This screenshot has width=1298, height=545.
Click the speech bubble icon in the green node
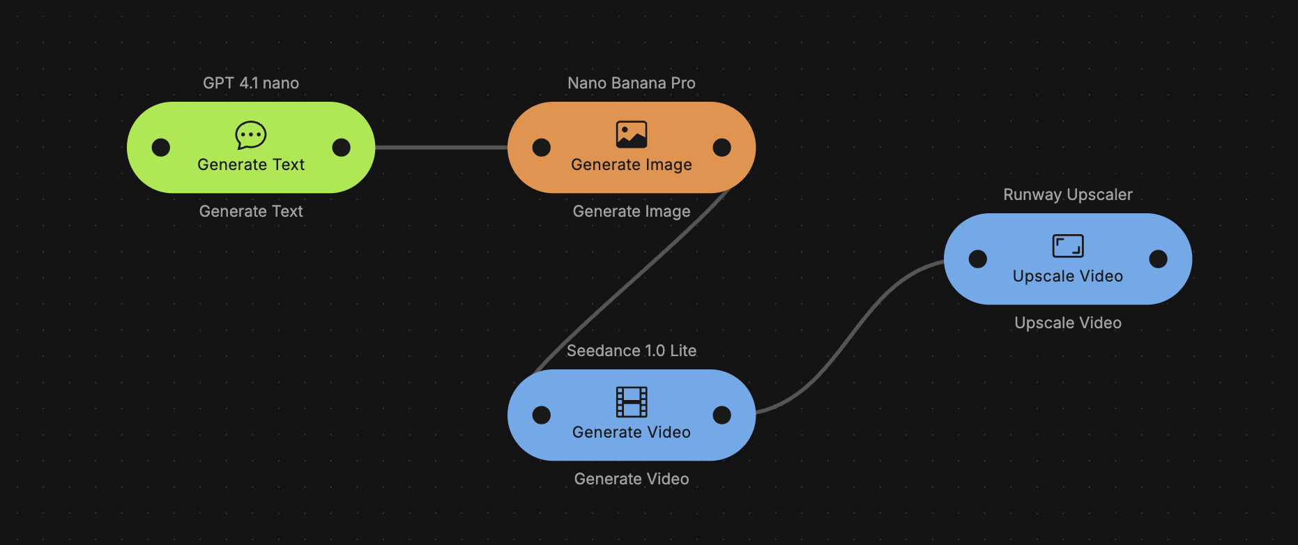[x=251, y=135]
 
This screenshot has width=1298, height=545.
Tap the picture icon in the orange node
[x=632, y=135]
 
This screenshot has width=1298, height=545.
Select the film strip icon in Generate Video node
[x=632, y=402]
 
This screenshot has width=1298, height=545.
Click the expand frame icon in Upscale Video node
[x=1068, y=246]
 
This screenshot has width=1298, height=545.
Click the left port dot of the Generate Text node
[x=161, y=148]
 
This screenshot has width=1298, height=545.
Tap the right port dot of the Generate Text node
[x=342, y=148]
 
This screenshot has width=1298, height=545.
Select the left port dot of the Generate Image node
[x=542, y=148]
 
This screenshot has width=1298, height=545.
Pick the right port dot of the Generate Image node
[x=722, y=148]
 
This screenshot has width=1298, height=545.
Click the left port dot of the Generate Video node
[x=542, y=415]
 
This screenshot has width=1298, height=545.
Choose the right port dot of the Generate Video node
[x=722, y=415]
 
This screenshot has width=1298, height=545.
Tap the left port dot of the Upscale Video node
[x=978, y=259]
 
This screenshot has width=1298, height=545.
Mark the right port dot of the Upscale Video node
[x=1159, y=259]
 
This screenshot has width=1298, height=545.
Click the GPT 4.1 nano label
[x=251, y=83]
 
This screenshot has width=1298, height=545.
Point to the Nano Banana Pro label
[x=632, y=83]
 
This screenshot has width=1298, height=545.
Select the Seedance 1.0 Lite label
[x=632, y=351]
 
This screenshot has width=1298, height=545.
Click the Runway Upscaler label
[x=1068, y=194]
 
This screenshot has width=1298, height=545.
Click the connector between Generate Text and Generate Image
[x=441, y=148]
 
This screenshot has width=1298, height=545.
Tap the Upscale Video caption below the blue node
[x=1068, y=323]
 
